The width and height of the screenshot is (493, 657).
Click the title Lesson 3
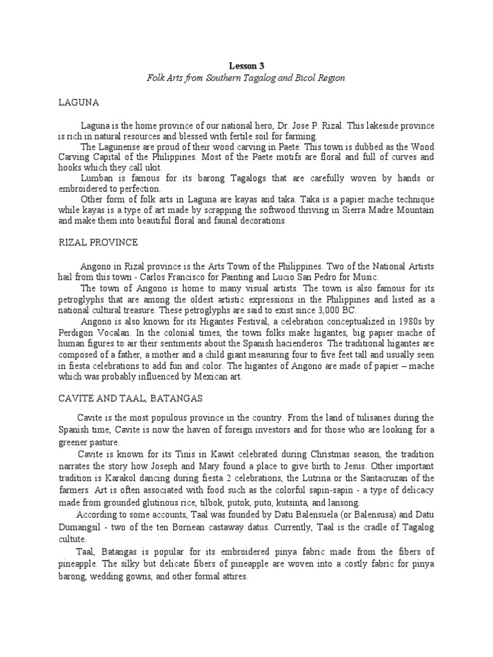coord(246,65)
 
